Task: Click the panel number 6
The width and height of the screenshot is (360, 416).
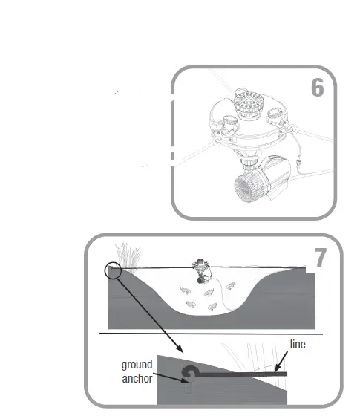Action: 318,88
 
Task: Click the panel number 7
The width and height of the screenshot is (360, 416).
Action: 320,258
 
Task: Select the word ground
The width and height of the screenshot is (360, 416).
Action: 137,365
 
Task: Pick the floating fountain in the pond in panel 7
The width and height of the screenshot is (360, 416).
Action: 201,271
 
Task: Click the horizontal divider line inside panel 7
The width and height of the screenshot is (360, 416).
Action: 215,334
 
